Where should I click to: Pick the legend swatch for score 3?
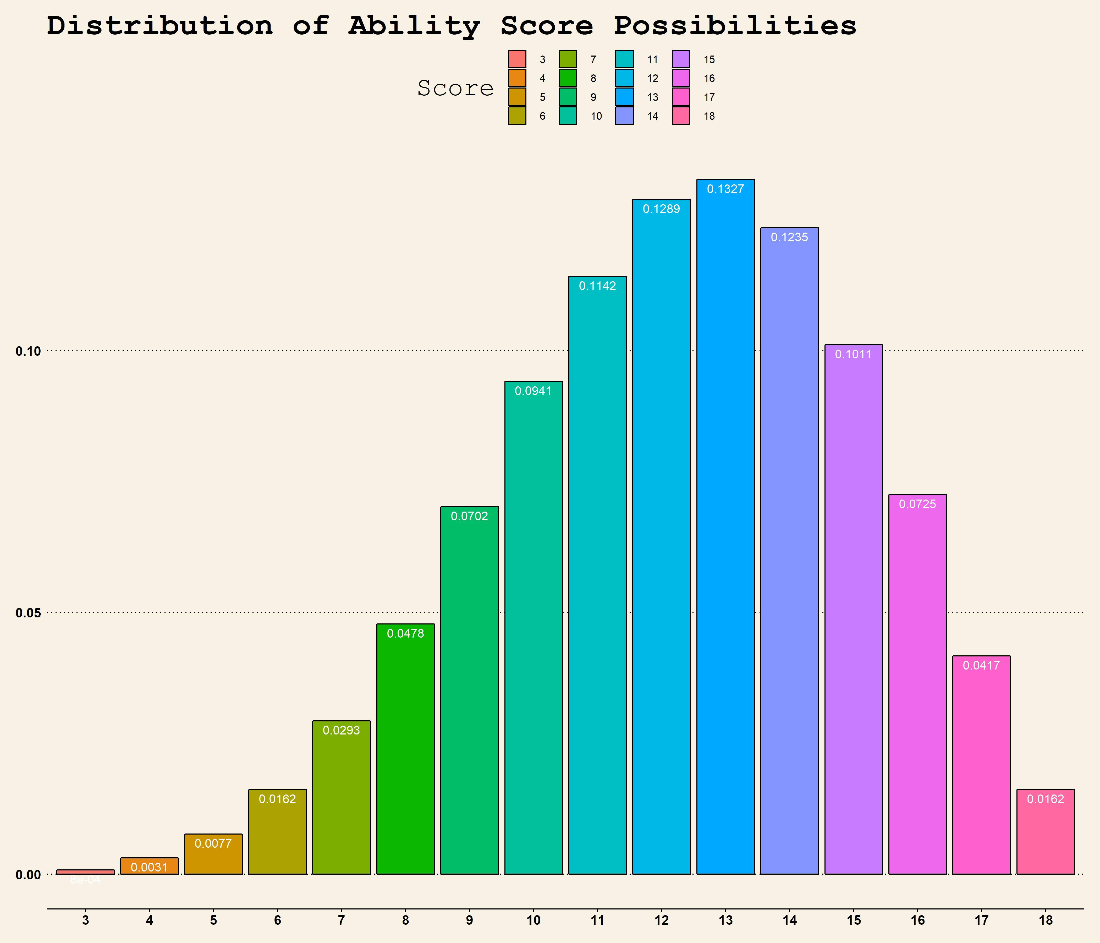pyautogui.click(x=517, y=59)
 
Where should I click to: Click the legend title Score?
pyautogui.click(x=455, y=88)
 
